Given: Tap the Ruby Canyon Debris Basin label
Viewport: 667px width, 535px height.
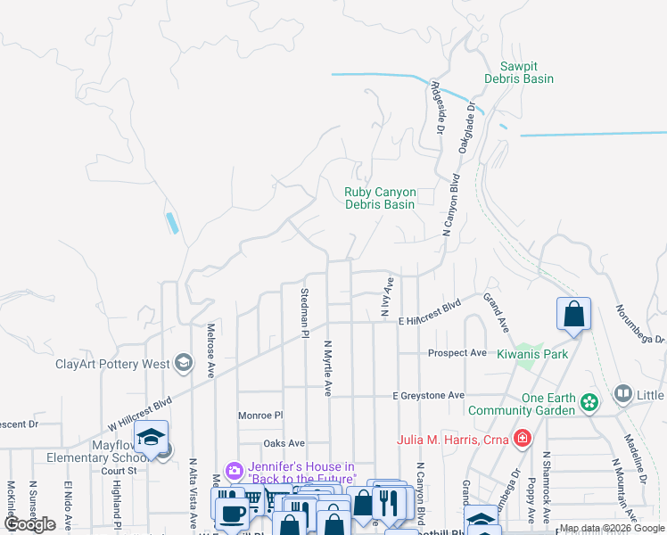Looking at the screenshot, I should tap(380, 198).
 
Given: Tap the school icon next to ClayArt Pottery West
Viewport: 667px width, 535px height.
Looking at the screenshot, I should tap(184, 362).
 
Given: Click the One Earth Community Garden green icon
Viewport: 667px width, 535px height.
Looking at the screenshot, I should tap(589, 403).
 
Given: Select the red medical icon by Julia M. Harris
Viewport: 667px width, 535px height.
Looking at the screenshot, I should tap(521, 440).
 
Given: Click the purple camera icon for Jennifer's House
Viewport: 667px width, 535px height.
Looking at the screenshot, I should tap(235, 471).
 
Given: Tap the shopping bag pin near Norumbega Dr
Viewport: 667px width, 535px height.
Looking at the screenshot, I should tap(573, 315).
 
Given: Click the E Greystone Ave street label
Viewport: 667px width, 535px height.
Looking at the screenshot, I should tap(429, 395).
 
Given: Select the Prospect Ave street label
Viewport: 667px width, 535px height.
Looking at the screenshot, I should tap(457, 353).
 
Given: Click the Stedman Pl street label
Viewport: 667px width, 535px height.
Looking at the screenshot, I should tap(304, 312).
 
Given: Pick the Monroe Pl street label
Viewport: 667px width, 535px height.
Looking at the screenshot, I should tap(259, 416).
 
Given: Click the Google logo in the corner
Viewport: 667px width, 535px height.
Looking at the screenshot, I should tap(30, 525).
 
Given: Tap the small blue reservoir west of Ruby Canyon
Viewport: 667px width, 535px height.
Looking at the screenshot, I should tap(172, 222).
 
